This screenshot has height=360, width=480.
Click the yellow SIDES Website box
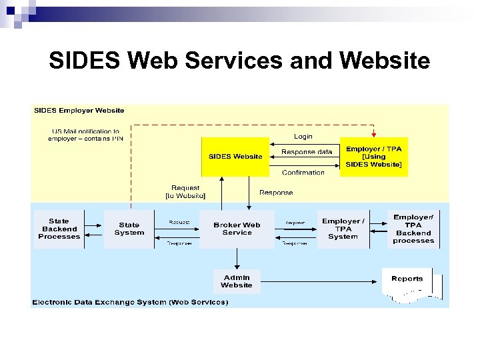click(235, 157)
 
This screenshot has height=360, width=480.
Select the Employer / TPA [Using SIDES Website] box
click(373, 157)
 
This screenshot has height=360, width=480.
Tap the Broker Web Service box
click(237, 229)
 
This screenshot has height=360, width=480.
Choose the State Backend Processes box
click(59, 229)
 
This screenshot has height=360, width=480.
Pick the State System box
click(129, 229)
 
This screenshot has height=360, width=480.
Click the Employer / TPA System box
click(343, 229)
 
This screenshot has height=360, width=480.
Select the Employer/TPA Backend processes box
click(413, 229)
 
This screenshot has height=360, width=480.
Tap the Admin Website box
click(237, 281)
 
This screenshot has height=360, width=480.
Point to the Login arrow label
click(303, 137)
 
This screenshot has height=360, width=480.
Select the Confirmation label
click(303, 172)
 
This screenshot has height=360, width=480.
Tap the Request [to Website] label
click(185, 192)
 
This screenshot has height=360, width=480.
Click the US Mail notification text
click(85, 135)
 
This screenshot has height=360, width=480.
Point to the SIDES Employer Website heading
click(79, 111)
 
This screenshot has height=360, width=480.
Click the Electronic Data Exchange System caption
click(130, 302)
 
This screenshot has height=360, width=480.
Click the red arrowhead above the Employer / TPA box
click(373, 133)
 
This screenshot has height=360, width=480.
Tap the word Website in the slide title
click(385, 62)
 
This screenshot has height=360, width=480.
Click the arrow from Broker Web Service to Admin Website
click(237, 259)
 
